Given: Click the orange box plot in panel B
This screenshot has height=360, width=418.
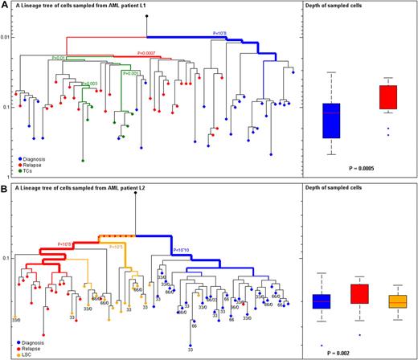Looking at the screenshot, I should [x=397, y=301].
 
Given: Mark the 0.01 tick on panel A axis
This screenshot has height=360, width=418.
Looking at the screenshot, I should [x=6, y=37].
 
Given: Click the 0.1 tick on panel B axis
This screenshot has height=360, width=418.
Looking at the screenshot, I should [x=7, y=258].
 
